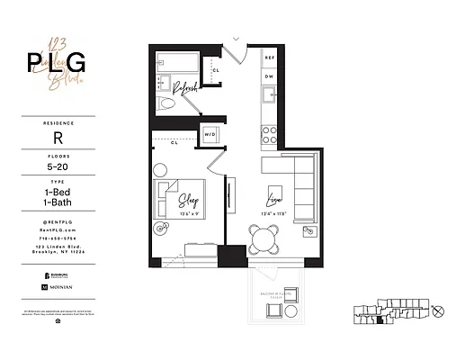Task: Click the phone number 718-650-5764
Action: [57, 238]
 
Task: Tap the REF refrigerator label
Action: [270, 57]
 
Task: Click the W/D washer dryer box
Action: [210, 134]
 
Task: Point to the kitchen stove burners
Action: [269, 133]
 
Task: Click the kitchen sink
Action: [269, 97]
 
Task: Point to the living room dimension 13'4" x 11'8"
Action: [274, 213]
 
